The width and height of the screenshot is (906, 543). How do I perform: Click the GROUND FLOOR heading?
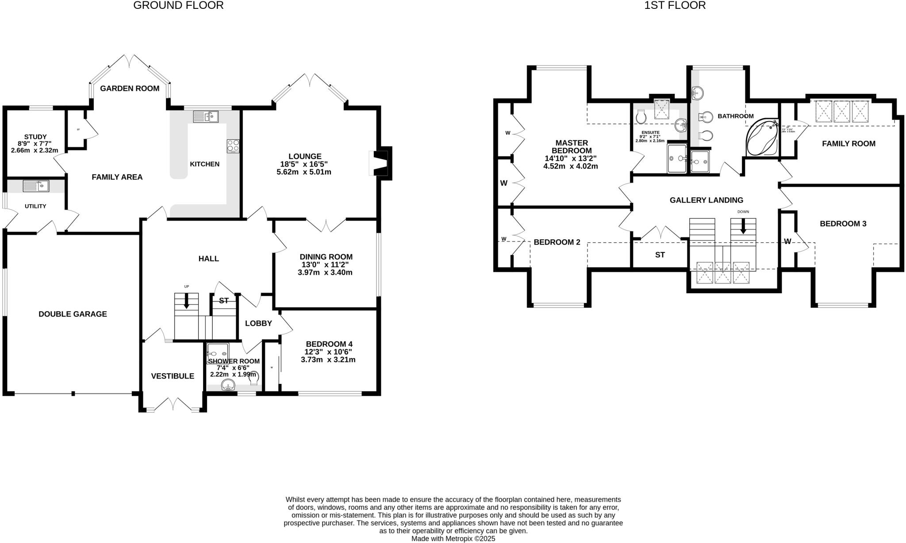[x=178, y=5]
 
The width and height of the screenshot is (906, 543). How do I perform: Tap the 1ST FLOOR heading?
[x=675, y=5]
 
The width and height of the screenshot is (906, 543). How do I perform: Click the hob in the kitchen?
[x=233, y=146]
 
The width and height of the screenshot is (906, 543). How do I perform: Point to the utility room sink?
[x=36, y=186]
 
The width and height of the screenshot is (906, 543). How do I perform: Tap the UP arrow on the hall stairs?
[x=186, y=301]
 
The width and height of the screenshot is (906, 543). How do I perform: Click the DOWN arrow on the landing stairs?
[x=743, y=226]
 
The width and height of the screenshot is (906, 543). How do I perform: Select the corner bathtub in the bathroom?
[x=762, y=137]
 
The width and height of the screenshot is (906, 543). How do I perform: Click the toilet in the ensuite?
[x=641, y=117]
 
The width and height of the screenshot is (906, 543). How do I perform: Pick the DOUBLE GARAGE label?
[x=73, y=314]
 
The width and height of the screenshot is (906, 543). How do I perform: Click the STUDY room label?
[x=35, y=137]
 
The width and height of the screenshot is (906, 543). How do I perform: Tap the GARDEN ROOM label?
[x=130, y=88]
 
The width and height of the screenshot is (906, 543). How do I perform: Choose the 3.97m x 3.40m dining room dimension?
[x=325, y=272]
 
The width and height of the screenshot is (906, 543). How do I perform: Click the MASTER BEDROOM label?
[x=572, y=146]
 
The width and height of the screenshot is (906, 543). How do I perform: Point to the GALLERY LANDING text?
[x=706, y=200]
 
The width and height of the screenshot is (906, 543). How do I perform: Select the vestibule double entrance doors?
[x=173, y=404]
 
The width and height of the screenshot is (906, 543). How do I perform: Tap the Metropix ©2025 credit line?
[x=453, y=539]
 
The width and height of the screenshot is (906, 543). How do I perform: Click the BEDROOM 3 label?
[x=843, y=224]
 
